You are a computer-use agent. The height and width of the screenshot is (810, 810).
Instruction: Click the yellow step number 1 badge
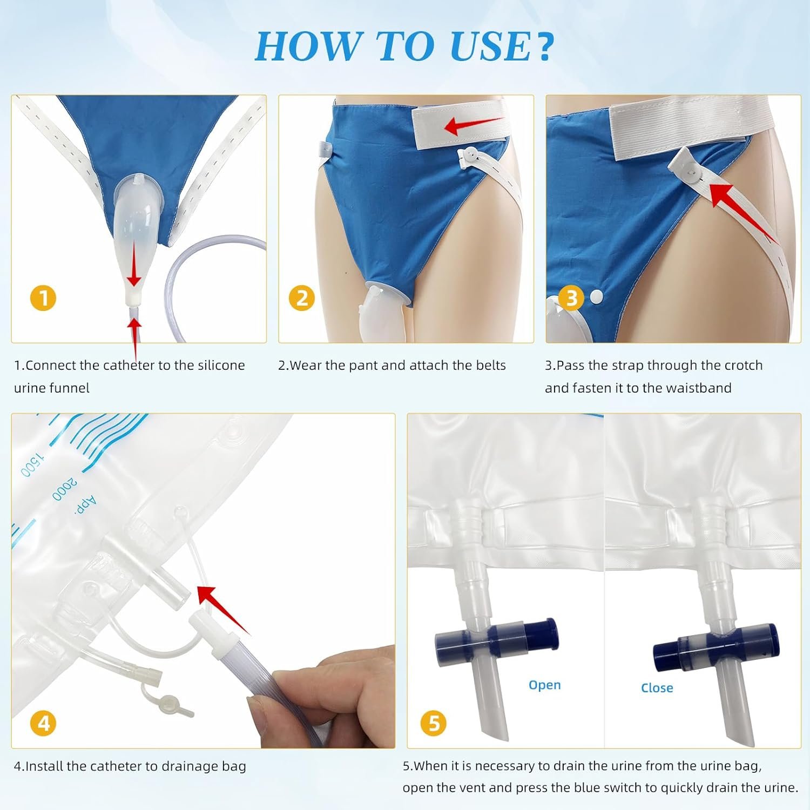[x=44, y=298]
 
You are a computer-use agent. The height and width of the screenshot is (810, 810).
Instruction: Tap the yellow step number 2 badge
[x=302, y=298]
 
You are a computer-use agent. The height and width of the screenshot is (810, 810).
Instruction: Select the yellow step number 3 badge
[x=571, y=298]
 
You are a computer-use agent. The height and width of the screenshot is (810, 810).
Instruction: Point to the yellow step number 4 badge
[x=44, y=723]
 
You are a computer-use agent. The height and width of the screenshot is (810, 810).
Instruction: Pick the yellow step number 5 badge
[x=434, y=723]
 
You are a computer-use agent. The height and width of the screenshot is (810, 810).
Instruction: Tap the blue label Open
[x=544, y=685]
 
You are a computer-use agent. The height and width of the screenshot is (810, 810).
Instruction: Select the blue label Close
[x=657, y=688]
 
